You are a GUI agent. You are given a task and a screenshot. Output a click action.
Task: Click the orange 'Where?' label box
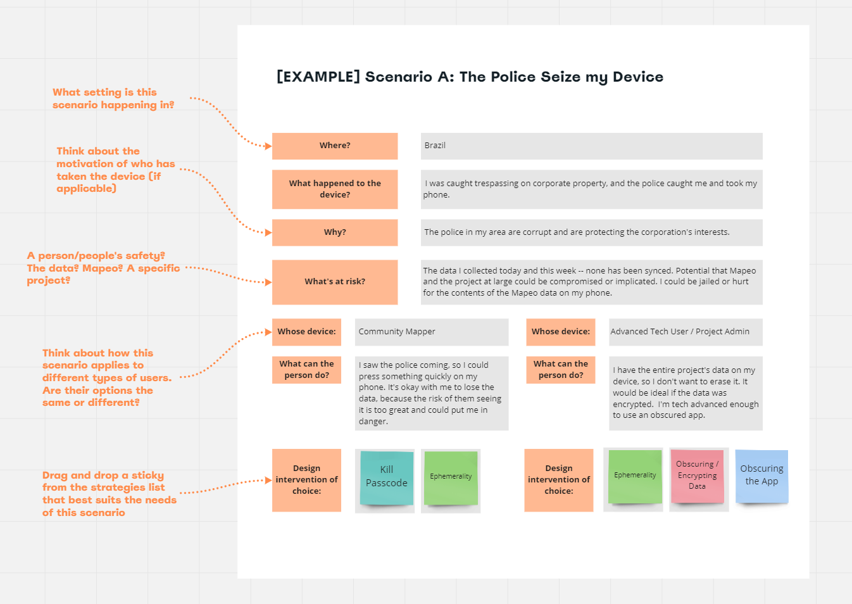click(335, 146)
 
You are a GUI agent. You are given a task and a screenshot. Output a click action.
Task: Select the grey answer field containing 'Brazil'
click(591, 146)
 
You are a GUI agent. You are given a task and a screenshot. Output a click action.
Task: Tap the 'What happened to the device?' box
click(335, 189)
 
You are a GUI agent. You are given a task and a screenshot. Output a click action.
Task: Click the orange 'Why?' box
click(335, 232)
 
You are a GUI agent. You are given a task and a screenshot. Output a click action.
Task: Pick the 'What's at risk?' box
click(335, 282)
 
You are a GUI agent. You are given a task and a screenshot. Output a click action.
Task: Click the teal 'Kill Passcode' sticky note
click(386, 477)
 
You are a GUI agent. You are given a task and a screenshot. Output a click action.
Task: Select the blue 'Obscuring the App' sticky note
click(761, 476)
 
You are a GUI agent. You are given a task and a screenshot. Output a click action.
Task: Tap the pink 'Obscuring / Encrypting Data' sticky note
click(697, 476)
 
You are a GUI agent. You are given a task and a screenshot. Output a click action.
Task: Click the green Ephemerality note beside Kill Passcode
click(451, 477)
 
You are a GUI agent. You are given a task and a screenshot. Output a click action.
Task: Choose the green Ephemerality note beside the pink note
click(635, 476)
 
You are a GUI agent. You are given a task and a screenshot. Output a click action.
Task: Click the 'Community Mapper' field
click(431, 332)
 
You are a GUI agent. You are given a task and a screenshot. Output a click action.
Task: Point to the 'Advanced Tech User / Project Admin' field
click(685, 332)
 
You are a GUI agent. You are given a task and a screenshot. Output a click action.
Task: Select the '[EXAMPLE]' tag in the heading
click(318, 77)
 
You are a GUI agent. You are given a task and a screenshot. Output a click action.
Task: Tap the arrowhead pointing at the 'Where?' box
click(268, 146)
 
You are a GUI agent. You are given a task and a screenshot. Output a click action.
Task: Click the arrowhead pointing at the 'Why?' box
click(268, 232)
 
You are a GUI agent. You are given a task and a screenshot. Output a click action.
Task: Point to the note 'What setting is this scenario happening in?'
click(113, 99)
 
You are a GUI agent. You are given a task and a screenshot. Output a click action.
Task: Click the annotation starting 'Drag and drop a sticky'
click(109, 494)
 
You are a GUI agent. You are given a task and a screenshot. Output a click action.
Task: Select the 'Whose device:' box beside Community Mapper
click(306, 332)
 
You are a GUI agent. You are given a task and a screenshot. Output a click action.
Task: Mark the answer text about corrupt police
click(577, 232)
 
